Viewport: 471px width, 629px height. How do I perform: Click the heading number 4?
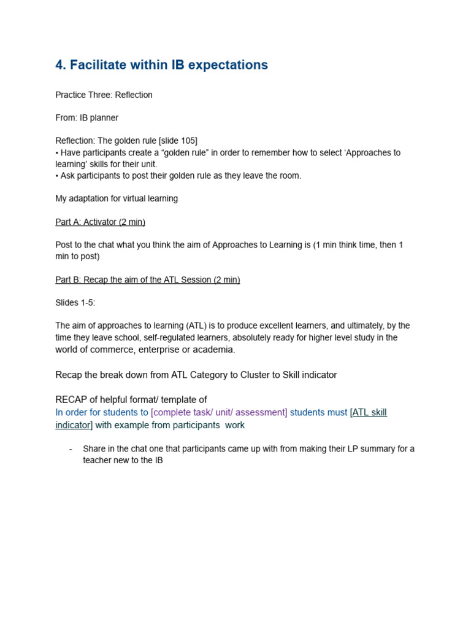(60, 65)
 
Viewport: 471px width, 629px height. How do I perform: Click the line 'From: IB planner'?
(86, 118)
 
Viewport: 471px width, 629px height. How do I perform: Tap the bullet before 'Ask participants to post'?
(57, 176)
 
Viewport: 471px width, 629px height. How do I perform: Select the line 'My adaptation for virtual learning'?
(117, 198)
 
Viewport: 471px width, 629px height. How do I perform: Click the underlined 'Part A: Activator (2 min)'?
(100, 222)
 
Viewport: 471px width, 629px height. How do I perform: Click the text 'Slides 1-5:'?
(75, 303)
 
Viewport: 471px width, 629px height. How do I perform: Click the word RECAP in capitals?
(71, 400)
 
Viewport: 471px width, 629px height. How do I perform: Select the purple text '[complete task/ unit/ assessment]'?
(219, 412)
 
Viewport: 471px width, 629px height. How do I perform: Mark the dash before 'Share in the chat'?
(71, 449)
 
